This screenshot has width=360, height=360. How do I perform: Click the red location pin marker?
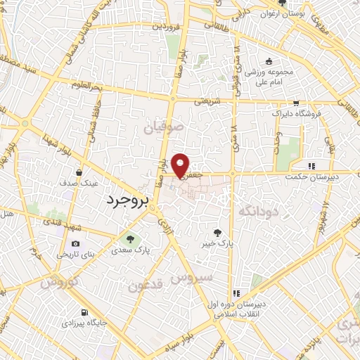(181, 165)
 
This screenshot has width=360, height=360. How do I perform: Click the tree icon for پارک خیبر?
(219, 232)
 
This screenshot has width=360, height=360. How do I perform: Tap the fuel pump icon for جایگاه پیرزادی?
(85, 312)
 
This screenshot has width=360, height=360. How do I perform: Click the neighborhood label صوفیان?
(164, 129)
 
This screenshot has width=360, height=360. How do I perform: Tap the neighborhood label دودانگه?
(259, 210)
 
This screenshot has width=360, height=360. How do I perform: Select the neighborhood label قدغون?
(146, 285)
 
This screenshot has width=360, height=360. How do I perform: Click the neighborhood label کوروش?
(56, 283)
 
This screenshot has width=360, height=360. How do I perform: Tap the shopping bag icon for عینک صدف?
(84, 172)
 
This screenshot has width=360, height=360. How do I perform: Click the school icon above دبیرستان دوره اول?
(237, 293)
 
